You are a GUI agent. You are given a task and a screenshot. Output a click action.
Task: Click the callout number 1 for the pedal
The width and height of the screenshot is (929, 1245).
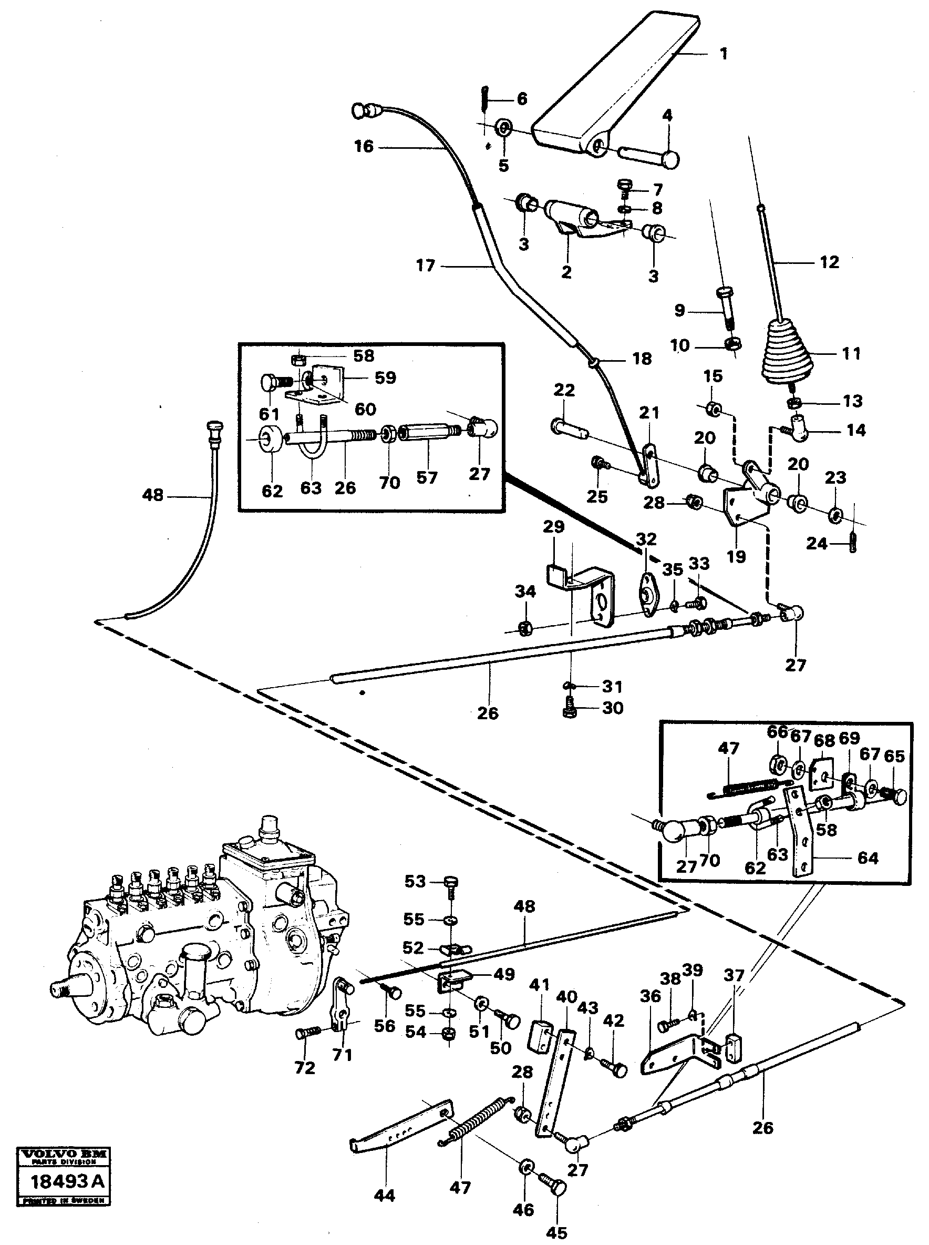pos(724,54)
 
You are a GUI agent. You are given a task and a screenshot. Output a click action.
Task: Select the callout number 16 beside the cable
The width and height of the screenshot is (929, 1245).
pos(364,147)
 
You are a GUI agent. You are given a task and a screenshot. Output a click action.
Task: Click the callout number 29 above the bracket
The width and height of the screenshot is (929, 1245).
pos(553,527)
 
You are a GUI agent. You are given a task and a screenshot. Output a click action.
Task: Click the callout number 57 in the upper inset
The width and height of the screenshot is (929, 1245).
pos(427,477)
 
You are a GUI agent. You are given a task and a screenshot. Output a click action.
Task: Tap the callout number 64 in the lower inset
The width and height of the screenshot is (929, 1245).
pos(868,859)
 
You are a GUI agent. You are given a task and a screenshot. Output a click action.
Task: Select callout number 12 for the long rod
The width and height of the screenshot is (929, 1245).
pos(830,262)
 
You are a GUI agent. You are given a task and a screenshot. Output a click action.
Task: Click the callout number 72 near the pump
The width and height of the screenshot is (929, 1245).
pos(305,1068)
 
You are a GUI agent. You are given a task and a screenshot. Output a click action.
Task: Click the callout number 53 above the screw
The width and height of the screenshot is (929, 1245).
pos(415,882)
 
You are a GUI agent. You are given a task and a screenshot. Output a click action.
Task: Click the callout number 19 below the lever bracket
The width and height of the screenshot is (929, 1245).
pos(736,556)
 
